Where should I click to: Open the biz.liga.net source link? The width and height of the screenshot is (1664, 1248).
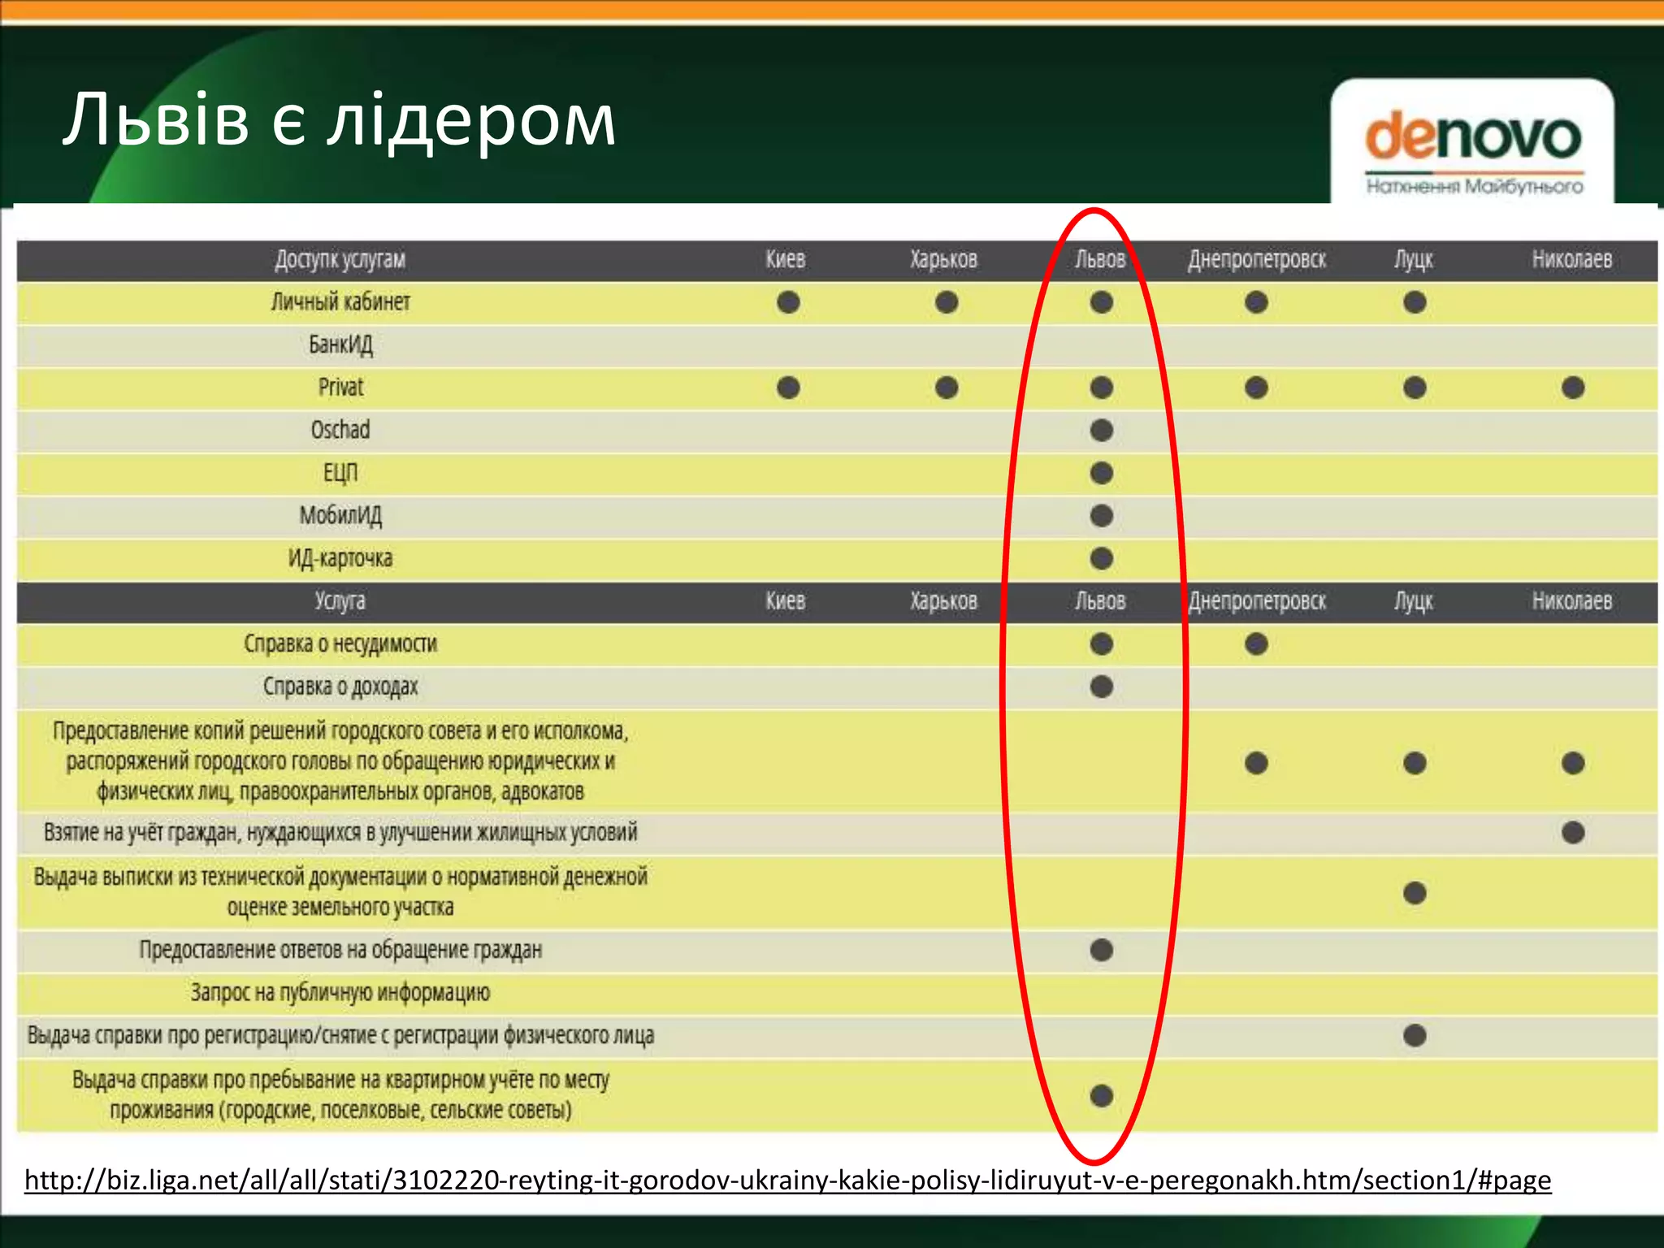(787, 1179)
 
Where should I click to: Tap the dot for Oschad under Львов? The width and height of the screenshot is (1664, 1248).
(1101, 430)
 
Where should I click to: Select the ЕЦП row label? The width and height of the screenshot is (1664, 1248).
(340, 472)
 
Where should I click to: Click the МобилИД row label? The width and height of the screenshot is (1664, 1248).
(340, 515)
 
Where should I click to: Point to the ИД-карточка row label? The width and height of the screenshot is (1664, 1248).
(340, 558)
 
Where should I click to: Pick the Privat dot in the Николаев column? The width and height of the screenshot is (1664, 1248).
(1573, 387)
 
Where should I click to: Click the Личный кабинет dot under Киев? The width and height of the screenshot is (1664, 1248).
(788, 302)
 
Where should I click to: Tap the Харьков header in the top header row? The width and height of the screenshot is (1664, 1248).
(943, 259)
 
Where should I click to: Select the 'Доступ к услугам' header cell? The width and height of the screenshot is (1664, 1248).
(340, 259)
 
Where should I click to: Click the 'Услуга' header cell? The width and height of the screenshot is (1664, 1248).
(340, 600)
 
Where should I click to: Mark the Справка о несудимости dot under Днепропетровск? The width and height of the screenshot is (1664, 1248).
(1256, 644)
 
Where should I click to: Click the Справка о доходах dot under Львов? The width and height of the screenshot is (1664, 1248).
(1101, 687)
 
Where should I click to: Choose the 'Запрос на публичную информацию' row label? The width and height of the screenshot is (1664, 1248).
(340, 992)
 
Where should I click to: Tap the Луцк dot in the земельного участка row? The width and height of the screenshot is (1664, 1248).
(1415, 893)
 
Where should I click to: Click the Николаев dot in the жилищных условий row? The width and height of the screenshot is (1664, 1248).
(1573, 832)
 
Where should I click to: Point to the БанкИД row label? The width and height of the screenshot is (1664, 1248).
(340, 344)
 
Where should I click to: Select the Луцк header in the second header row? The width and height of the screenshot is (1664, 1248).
(1414, 600)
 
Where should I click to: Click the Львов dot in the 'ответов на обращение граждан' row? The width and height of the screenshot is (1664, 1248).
(1101, 949)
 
